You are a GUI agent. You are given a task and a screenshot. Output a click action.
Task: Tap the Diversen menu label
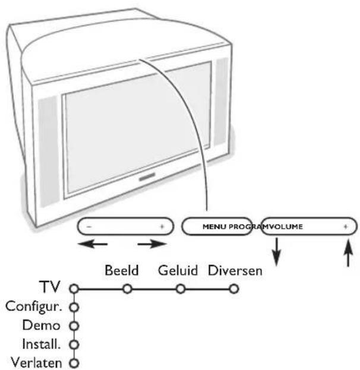(235, 271)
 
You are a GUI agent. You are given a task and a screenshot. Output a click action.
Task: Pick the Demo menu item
(50, 325)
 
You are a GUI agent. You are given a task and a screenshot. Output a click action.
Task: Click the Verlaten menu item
(38, 362)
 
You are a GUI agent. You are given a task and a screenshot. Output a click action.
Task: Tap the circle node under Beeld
(127, 289)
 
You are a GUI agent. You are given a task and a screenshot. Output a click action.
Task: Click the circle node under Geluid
(181, 289)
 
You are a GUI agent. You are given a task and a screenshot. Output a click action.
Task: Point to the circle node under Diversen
(235, 289)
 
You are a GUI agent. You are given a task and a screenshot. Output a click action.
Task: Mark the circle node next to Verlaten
(74, 363)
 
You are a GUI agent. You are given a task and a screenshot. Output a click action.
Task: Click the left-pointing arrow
(96, 243)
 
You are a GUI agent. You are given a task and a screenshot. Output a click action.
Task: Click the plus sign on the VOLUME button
(345, 227)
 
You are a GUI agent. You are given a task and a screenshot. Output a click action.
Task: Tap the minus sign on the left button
(88, 227)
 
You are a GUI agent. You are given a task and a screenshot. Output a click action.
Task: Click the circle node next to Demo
(74, 326)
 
